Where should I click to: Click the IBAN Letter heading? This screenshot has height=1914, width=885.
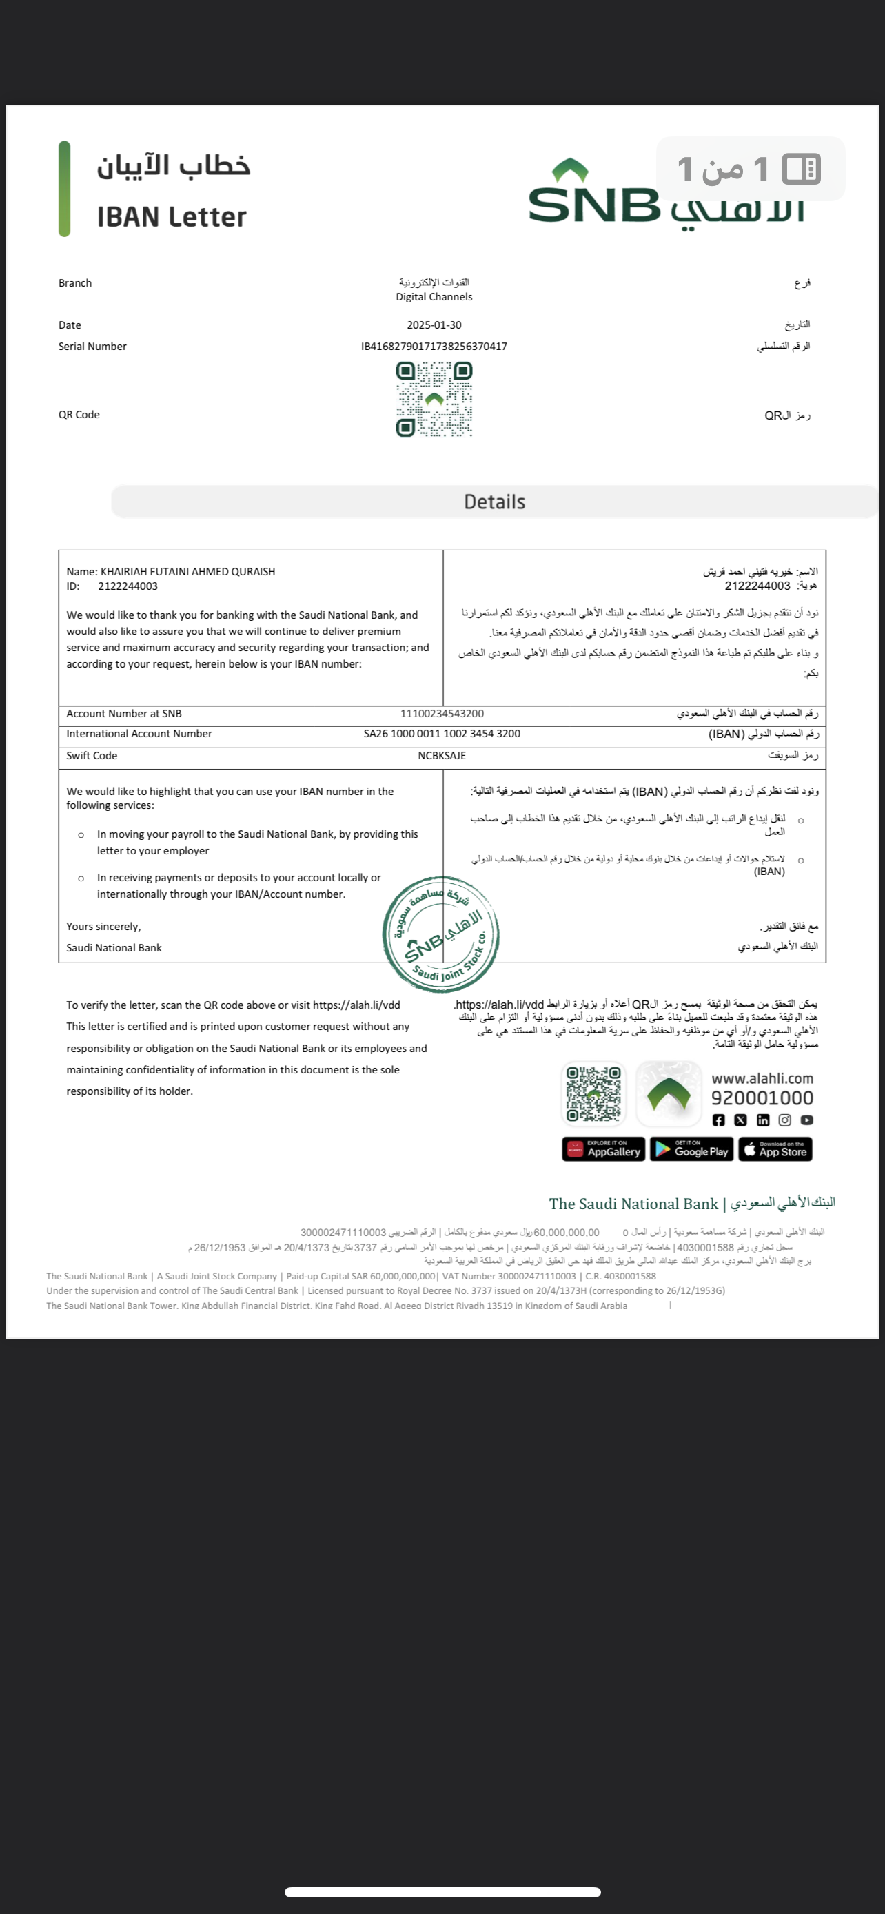coord(172,217)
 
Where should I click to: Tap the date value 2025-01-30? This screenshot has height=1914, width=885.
coord(434,325)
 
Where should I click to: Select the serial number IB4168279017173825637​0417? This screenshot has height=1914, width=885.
coord(434,347)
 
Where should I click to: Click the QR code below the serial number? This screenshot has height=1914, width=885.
coord(434,399)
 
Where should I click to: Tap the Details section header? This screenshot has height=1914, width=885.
coord(494,502)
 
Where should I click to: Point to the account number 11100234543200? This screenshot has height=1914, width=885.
coord(441,714)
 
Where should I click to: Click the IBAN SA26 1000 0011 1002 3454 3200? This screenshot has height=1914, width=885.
coord(441,734)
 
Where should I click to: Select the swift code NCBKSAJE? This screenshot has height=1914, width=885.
coord(441,756)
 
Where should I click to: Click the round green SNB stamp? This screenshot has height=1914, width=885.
coord(440,934)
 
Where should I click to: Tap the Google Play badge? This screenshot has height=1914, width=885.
coord(692,1149)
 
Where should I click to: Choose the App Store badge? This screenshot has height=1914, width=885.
coord(777,1149)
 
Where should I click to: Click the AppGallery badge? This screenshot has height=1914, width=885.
coord(603,1149)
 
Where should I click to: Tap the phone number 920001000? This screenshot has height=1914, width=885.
coord(762,1098)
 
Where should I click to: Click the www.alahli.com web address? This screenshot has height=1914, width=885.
coord(762,1079)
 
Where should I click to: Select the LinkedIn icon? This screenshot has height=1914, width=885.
coord(762,1120)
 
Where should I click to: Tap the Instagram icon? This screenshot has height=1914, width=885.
coord(784,1120)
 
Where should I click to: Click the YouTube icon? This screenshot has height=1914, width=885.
coord(807,1120)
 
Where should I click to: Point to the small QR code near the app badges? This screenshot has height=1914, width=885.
coord(593,1093)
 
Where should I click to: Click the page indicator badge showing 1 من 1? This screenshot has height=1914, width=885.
coord(750,169)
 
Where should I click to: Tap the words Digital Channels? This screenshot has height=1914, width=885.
coord(434,297)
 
